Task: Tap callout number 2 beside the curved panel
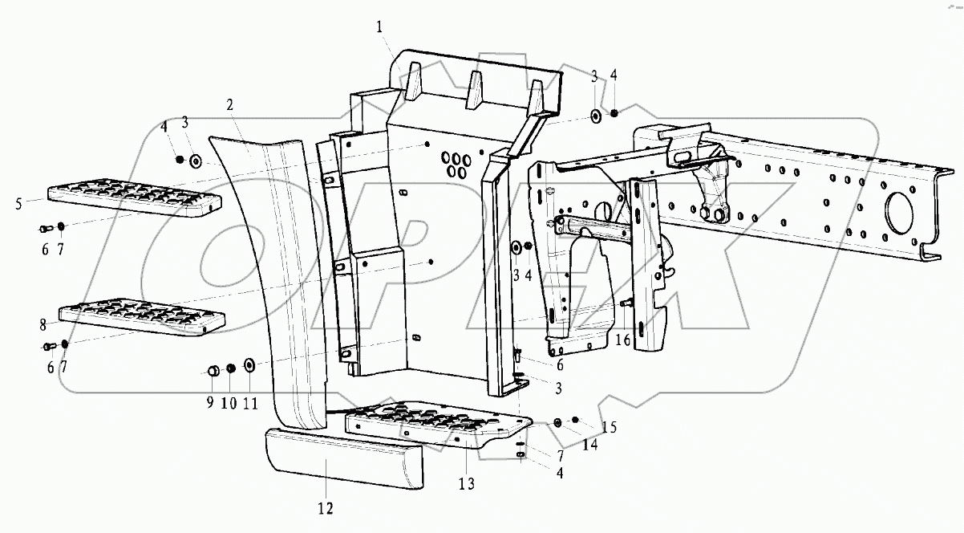point(229,105)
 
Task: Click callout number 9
point(209,404)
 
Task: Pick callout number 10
point(229,404)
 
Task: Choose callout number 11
point(250,404)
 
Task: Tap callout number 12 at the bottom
point(325,507)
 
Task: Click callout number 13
point(467,483)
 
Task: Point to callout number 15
point(610,426)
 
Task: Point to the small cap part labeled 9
point(214,370)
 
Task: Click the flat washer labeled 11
point(249,366)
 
